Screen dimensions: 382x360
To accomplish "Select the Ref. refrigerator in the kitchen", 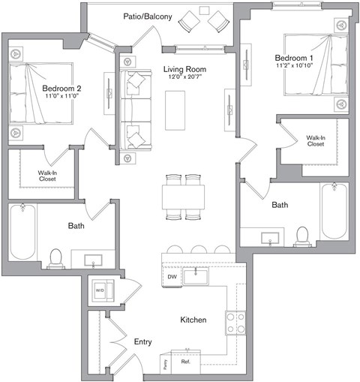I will (186, 362).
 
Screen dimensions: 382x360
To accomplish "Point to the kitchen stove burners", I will (236, 323).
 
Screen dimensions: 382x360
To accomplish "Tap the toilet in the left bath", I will (55, 257).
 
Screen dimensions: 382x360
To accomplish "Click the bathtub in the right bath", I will (334, 212).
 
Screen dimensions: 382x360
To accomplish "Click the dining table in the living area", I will (184, 197).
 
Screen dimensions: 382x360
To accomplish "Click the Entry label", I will (143, 342).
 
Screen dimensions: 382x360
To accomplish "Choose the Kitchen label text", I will (193, 320).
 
